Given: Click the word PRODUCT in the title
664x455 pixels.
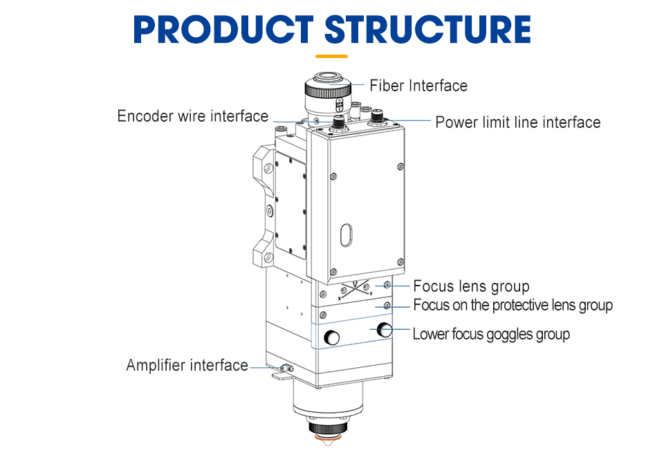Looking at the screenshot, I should [x=224, y=29].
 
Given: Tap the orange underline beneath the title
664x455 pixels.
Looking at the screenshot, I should [x=331, y=56].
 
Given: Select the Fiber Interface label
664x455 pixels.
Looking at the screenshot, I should [x=418, y=86].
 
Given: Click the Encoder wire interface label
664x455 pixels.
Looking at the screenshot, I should [x=192, y=116].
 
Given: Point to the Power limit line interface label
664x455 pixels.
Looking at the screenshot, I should [x=517, y=122].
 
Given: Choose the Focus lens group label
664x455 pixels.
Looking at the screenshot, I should [x=471, y=286].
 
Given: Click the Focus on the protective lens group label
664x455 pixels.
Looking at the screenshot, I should [x=513, y=305].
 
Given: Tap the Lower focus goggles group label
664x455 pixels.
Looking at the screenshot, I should [x=491, y=335].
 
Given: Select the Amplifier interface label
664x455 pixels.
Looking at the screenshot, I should [x=187, y=365].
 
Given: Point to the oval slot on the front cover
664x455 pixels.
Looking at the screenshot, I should [x=346, y=234].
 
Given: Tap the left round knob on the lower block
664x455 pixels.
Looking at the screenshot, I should [x=333, y=338].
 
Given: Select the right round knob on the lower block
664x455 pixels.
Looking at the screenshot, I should [x=385, y=331].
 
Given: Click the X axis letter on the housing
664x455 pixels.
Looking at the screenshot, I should [x=340, y=298].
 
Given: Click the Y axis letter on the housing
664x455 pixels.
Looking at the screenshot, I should [x=371, y=294].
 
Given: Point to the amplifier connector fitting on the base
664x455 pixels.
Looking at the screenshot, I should [x=283, y=368].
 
